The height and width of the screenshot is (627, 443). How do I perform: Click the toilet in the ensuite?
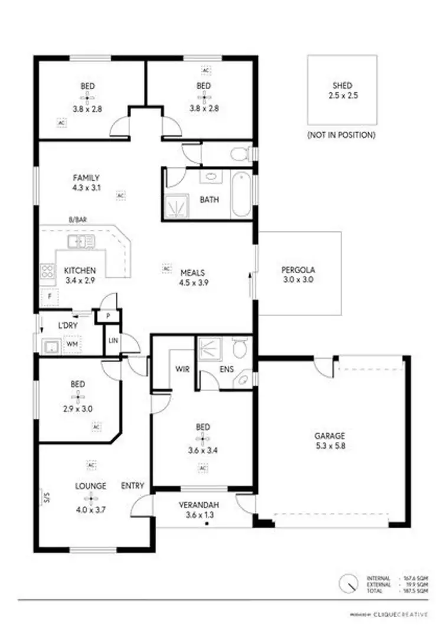239,349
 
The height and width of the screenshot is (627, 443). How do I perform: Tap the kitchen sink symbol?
81,241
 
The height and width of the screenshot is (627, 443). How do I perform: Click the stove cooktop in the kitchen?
47,272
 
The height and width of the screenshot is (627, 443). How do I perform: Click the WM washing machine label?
73,343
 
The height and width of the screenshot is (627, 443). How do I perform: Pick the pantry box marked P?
108,317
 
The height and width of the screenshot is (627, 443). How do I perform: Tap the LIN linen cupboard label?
112,340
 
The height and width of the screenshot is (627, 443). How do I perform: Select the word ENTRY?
133,486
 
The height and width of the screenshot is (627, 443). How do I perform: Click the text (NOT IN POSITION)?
341,135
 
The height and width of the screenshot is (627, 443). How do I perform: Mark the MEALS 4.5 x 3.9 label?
193,278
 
